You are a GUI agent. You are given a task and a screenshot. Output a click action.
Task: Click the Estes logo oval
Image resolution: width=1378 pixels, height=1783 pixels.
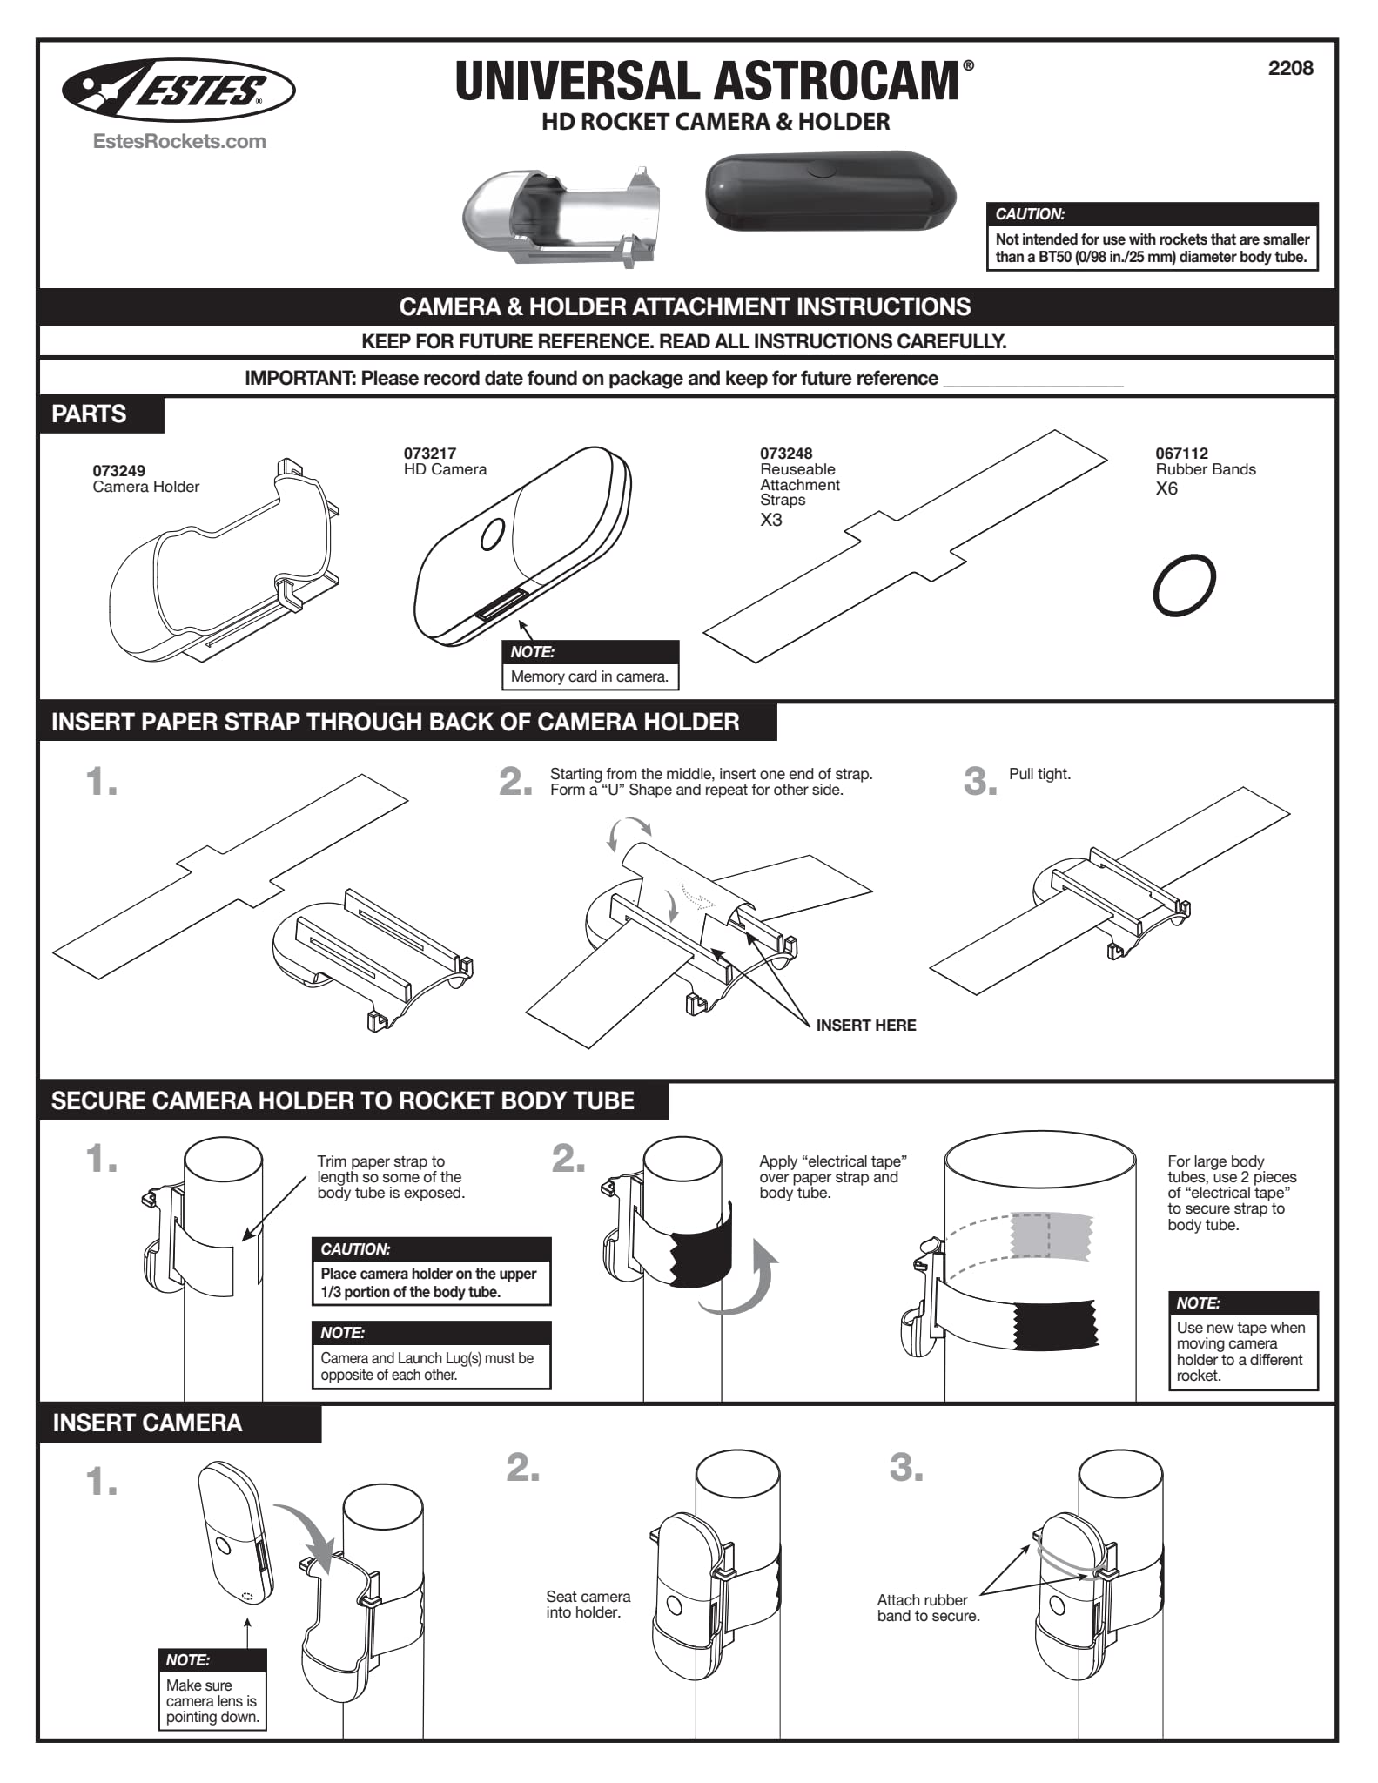[x=178, y=89]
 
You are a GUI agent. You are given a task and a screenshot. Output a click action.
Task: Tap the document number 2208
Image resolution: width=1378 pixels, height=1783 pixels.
[x=1290, y=68]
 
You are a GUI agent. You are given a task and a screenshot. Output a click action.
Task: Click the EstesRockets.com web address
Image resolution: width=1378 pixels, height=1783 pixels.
[x=179, y=141]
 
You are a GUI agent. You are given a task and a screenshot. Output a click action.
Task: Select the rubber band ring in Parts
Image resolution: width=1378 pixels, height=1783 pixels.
[x=1184, y=584]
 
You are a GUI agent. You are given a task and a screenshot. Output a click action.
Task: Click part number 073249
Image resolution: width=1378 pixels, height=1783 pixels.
[x=119, y=471]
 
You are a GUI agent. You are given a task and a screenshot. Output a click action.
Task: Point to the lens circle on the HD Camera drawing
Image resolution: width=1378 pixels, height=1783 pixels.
[x=492, y=534]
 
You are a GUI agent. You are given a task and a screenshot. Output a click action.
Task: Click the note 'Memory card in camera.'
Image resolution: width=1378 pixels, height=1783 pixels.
[x=589, y=676]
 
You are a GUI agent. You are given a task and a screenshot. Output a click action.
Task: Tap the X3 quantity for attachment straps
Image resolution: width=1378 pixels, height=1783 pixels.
[x=770, y=520]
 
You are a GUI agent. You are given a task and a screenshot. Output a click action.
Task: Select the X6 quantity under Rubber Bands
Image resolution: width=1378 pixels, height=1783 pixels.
[x=1166, y=488]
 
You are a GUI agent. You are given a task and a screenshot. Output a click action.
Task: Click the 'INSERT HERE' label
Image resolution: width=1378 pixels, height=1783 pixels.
[x=865, y=1025]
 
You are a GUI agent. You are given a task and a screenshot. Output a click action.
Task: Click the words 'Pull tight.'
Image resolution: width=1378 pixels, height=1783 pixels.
[x=1039, y=774]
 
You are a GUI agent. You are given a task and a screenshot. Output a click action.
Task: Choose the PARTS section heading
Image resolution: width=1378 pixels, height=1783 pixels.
[x=90, y=414]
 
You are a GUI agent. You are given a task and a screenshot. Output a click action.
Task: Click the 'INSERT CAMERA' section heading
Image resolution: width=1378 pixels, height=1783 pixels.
[x=147, y=1423]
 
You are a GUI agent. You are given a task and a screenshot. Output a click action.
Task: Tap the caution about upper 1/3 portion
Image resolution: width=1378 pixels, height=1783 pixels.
[x=431, y=1282]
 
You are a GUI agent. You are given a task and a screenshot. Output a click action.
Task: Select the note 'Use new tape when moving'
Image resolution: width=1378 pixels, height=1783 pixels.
[x=1241, y=1350]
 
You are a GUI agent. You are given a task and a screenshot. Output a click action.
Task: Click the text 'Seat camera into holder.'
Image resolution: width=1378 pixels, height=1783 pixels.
[x=588, y=1604]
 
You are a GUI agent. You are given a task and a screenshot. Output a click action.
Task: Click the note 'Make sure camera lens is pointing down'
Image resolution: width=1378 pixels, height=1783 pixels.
[x=212, y=1700]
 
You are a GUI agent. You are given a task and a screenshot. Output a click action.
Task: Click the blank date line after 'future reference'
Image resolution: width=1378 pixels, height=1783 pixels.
[x=1033, y=380]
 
